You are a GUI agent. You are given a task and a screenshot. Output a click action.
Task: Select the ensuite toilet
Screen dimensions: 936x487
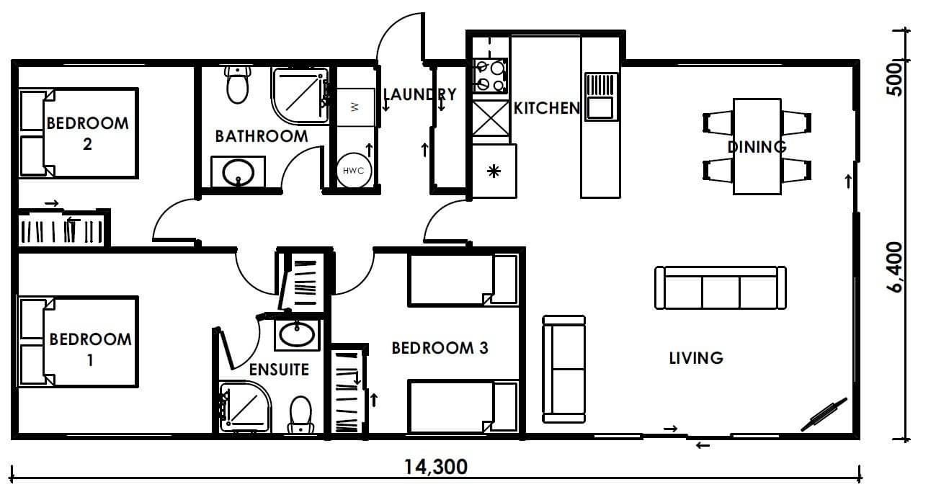tap(300, 414)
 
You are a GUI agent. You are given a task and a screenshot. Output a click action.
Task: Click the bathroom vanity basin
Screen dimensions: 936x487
tap(239, 171)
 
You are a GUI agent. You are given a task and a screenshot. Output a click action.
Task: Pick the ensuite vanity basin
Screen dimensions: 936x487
tap(297, 335)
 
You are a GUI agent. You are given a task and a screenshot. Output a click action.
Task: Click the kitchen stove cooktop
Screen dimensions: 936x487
tap(490, 76)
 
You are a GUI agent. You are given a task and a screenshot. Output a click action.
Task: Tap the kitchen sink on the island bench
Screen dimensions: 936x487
tap(601, 97)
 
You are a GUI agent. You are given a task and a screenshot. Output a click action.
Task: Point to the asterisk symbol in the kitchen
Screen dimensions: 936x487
tap(494, 171)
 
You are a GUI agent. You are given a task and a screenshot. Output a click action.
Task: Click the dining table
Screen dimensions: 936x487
tap(757, 146)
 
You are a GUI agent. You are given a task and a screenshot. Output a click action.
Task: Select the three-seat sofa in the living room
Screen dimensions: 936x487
tap(721, 287)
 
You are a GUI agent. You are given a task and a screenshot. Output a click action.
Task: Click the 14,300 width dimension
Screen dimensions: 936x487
tap(436, 467)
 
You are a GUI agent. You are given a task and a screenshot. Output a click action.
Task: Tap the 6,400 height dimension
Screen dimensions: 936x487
tap(895, 267)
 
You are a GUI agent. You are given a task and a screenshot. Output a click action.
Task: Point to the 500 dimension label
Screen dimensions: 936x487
tap(895, 79)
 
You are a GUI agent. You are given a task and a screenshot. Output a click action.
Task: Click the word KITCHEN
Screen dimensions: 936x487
tap(547, 108)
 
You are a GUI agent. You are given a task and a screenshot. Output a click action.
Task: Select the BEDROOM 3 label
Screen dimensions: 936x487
tap(440, 348)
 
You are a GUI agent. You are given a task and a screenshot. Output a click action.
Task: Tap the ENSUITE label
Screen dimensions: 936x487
tap(279, 370)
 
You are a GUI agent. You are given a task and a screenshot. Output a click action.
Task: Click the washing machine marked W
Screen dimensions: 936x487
tap(356, 107)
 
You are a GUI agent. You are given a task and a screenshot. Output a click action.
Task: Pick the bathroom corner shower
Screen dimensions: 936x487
tap(300, 96)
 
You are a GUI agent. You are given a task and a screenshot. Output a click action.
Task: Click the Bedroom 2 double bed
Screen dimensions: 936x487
tap(79, 133)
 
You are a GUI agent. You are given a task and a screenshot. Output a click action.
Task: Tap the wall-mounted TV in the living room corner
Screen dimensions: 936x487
tap(824, 414)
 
